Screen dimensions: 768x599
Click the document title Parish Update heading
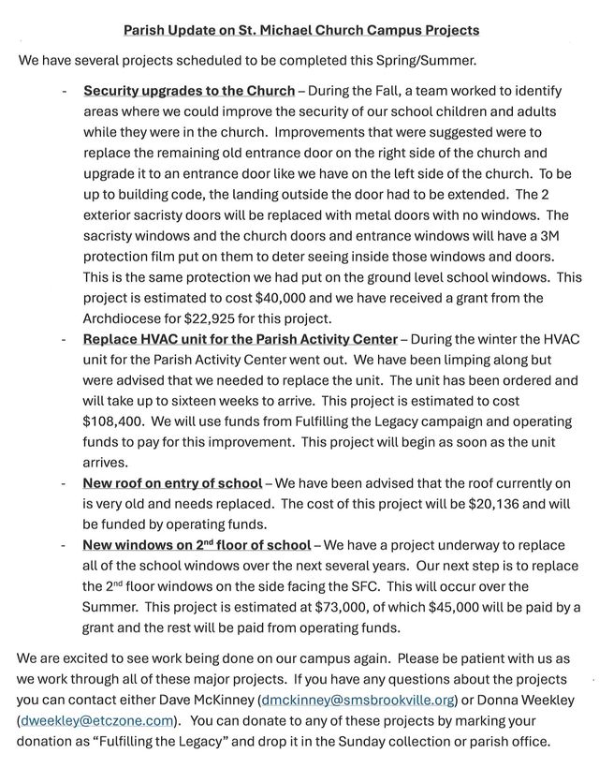tap(301, 30)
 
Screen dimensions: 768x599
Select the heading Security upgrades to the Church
tap(189, 92)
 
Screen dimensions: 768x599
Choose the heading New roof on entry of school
tap(172, 483)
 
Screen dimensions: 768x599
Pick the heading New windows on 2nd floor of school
tap(197, 545)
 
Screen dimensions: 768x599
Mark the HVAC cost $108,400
tap(113, 421)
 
